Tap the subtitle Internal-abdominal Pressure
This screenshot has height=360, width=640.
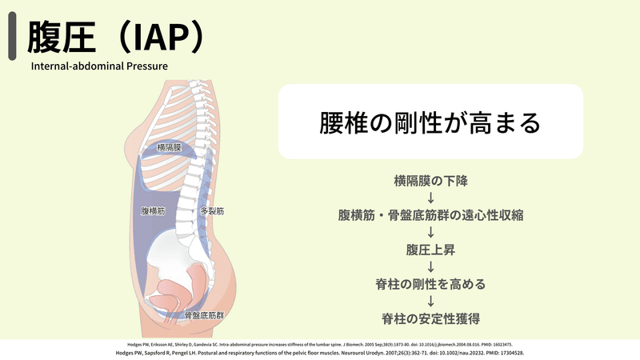point(99,66)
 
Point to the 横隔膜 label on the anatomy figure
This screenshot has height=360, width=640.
point(169,148)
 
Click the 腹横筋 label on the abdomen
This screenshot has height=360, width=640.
point(152,212)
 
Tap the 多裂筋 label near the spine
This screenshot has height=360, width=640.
point(211,212)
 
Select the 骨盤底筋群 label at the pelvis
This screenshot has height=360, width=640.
point(204,316)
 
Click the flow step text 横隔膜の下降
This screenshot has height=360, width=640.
point(430,181)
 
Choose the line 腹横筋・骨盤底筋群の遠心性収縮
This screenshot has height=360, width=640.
point(430,215)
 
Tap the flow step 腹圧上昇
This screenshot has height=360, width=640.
point(430,250)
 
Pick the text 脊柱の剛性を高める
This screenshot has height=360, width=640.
point(430,284)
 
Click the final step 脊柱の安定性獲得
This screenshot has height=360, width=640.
point(430,318)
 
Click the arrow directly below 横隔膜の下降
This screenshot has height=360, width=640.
point(430,198)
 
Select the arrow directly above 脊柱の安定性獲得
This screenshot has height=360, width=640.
point(430,302)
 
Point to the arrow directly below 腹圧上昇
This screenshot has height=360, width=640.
point(430,267)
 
